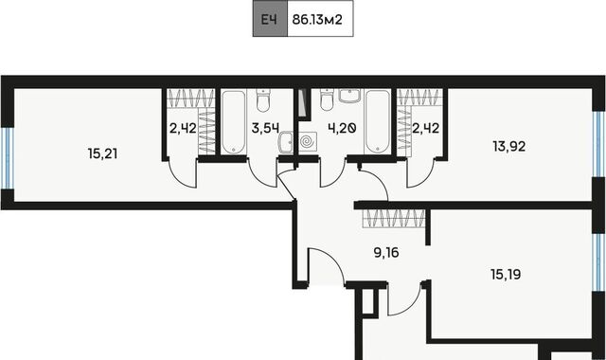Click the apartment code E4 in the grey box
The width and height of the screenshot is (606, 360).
[269, 19]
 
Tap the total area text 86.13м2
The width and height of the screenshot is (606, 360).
[317, 19]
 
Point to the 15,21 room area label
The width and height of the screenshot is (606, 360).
[102, 153]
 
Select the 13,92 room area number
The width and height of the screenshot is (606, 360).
[509, 147]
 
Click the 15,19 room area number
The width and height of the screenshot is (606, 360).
[506, 274]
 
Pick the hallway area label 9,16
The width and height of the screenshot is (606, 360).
[386, 253]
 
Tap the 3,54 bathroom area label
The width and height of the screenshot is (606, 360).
[265, 128]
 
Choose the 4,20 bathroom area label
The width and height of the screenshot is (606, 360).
[342, 128]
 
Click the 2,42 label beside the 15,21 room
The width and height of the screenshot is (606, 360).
[183, 128]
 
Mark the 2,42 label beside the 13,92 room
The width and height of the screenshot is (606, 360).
[425, 128]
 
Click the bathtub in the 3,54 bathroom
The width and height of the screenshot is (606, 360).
[234, 122]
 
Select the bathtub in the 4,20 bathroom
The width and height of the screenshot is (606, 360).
[377, 122]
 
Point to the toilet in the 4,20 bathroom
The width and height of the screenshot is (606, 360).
[327, 99]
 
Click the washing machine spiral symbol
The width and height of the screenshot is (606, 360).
[308, 141]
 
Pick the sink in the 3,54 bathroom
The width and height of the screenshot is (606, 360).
[286, 142]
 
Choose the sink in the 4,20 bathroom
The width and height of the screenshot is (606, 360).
[349, 96]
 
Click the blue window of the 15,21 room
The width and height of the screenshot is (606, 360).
[8, 158]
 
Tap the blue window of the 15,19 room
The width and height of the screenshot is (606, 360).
[599, 262]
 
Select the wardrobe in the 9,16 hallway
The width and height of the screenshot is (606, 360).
[394, 219]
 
